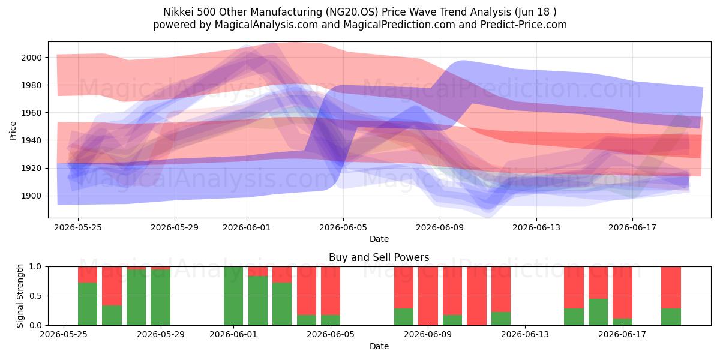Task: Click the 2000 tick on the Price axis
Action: (31, 58)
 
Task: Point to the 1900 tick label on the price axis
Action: (31, 196)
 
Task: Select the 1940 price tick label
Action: (31, 140)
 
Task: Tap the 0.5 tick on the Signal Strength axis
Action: (35, 296)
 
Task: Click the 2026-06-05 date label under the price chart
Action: (343, 227)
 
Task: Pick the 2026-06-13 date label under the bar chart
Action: (525, 334)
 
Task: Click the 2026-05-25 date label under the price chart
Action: (78, 227)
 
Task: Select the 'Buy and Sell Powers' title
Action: (379, 257)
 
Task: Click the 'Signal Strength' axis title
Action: (20, 296)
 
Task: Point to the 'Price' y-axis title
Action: (13, 131)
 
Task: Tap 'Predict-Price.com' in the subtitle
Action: (524, 25)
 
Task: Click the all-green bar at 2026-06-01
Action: (233, 296)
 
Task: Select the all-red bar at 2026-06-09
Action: (428, 296)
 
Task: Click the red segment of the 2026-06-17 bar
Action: (622, 293)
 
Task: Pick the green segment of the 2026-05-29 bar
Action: (160, 298)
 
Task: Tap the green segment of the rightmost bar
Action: (671, 317)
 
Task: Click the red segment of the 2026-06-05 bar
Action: (331, 291)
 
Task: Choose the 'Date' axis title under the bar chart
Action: (379, 346)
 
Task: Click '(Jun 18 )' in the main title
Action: (535, 12)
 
